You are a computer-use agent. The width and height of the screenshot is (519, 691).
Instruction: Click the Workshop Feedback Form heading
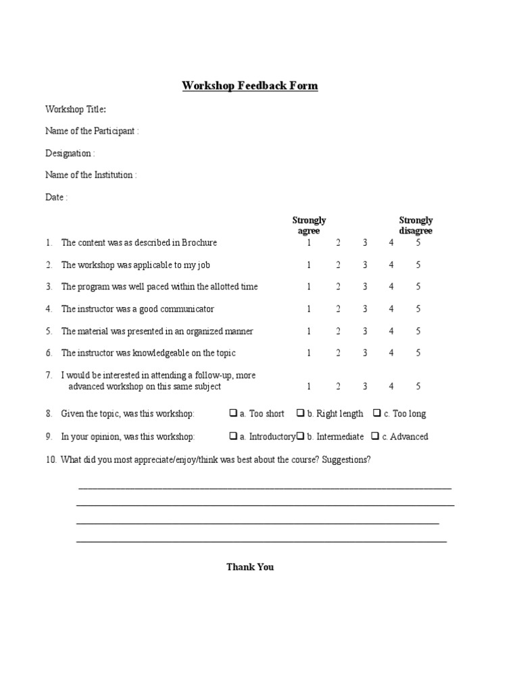(250, 86)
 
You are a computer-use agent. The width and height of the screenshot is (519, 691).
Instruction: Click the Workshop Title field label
(75, 109)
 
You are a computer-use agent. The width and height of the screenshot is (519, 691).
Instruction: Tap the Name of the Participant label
(92, 131)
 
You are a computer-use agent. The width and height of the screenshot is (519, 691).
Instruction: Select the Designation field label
(70, 153)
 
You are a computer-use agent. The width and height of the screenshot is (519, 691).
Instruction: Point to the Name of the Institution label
(91, 175)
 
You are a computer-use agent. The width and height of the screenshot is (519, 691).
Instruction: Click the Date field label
(56, 197)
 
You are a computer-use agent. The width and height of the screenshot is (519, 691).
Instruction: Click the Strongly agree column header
(309, 225)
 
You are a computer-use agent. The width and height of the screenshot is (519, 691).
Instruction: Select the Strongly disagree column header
(416, 225)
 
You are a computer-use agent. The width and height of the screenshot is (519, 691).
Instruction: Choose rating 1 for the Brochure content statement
(309, 243)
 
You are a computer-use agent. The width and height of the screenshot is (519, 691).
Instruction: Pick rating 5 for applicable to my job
(418, 265)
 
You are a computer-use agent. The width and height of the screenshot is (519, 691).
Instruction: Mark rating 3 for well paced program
(365, 287)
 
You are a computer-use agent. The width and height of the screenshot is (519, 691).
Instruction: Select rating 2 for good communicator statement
(338, 309)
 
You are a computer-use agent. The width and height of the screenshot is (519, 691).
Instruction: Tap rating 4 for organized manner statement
(391, 331)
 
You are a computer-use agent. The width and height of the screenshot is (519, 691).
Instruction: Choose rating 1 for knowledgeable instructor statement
(309, 353)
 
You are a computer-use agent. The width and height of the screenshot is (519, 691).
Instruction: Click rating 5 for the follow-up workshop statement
(418, 387)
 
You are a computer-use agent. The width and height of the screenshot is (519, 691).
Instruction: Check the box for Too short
(233, 413)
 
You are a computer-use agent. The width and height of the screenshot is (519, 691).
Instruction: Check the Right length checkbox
(300, 413)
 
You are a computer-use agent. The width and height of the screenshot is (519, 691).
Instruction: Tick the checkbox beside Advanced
(375, 436)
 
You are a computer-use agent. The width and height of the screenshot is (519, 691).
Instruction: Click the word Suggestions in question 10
(346, 460)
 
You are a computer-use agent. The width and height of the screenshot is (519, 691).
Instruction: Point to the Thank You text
(250, 567)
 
